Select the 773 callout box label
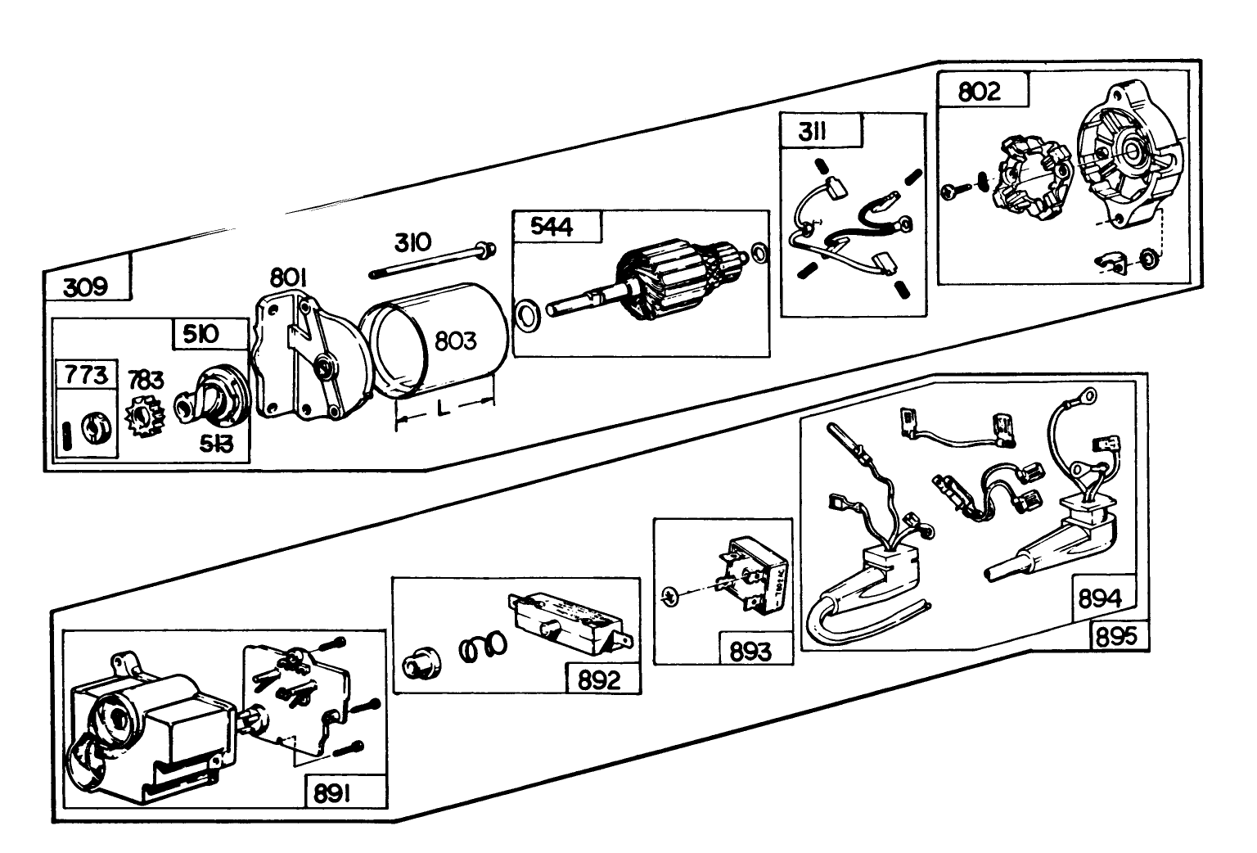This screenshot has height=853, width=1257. pos(86,375)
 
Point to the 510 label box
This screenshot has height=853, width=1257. pos(200,334)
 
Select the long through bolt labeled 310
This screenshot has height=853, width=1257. pos(434,259)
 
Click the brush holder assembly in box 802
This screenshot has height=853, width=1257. pos(1033,182)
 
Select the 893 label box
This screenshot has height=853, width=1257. pos(750,651)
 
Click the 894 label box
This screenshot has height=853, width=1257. pos(1099,599)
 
